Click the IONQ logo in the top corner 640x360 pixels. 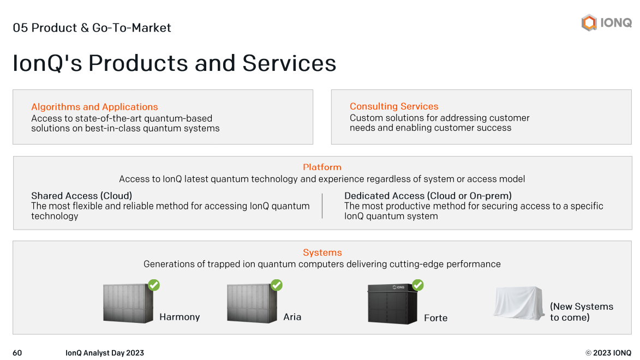tap(606, 23)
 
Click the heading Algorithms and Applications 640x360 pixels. tap(94, 107)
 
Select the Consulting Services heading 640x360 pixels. tap(394, 106)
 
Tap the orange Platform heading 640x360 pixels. tap(322, 167)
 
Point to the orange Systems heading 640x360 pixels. tap(322, 253)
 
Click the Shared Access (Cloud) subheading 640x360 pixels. tap(81, 195)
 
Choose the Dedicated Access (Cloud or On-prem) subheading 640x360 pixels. tap(428, 195)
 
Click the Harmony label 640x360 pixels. tap(180, 317)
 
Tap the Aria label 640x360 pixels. tap(292, 317)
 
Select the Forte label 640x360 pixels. tap(435, 318)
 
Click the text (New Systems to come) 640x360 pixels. tap(581, 312)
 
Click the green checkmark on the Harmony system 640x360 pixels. tap(154, 285)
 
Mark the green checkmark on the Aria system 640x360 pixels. tap(277, 285)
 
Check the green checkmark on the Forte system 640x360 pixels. tap(418, 285)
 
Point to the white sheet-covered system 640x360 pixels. tap(519, 303)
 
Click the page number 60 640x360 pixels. tap(17, 353)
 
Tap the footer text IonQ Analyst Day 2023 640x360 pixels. tap(105, 353)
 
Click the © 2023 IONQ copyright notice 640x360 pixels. tap(608, 353)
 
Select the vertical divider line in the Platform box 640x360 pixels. tap(322, 206)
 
